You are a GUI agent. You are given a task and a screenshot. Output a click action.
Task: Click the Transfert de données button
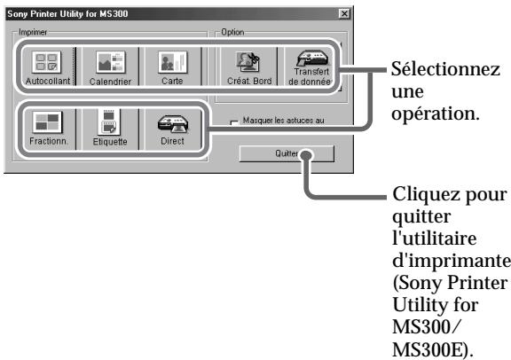(309, 67)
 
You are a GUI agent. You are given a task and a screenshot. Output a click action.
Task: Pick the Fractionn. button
(44, 126)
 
